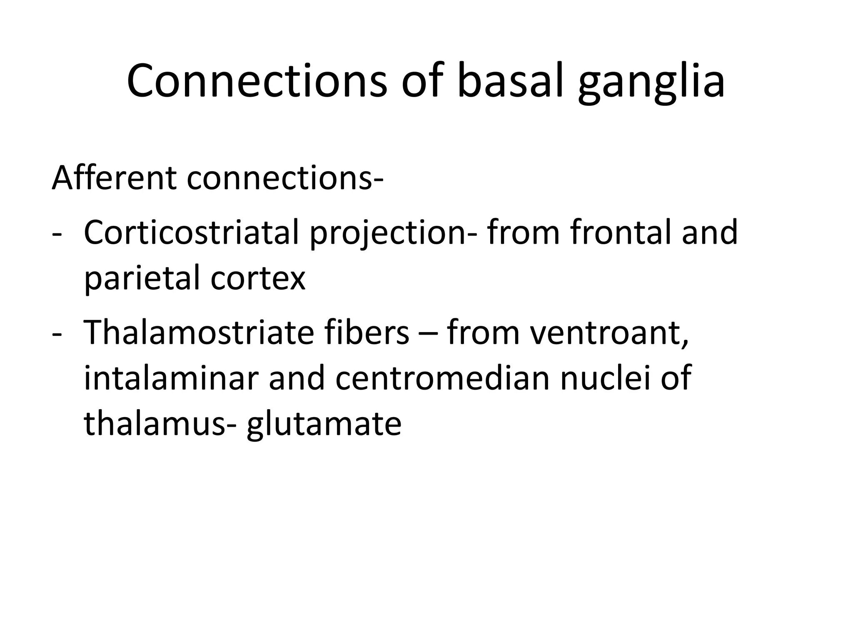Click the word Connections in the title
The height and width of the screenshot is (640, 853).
(x=257, y=81)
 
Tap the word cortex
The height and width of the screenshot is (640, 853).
(x=258, y=279)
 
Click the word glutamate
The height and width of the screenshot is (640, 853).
(x=324, y=425)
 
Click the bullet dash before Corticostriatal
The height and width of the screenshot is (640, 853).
(x=57, y=235)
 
